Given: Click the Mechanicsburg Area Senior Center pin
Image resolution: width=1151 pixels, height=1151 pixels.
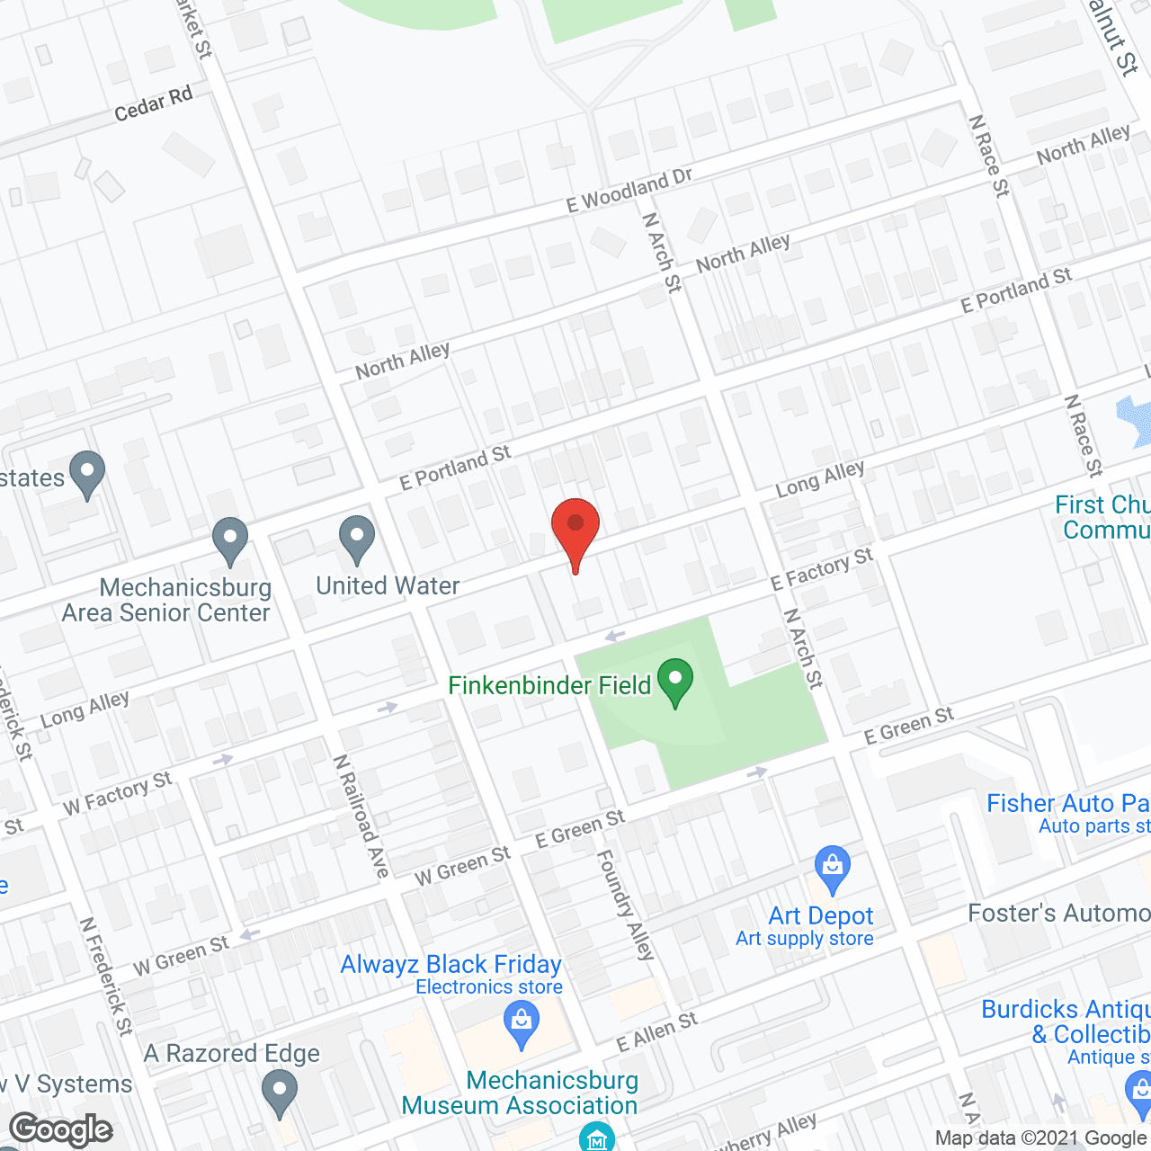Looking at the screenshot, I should coord(230,540).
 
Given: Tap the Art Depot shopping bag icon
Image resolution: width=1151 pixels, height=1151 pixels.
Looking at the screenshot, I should coord(833,868).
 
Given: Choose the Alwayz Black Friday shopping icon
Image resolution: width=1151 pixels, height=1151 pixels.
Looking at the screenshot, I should coord(522,1023).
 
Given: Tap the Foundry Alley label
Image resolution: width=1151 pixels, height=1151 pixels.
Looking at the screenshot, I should coord(626,905).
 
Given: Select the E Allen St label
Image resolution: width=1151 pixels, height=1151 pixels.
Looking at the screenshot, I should coord(657,1031).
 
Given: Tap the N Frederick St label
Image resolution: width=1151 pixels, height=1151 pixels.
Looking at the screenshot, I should coord(107,976).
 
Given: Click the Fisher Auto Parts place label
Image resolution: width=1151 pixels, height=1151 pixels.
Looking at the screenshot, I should coord(1068,804).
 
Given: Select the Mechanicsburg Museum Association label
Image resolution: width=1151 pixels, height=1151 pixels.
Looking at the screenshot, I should coord(520,1093).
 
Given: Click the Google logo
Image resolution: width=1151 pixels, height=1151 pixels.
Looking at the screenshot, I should coord(61,1129).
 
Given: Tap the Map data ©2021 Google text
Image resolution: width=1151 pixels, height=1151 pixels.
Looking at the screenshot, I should coord(1041,1138).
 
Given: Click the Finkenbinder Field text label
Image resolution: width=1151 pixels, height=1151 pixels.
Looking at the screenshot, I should coord(549,686).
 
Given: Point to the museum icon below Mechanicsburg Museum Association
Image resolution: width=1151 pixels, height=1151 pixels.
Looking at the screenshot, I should coord(596,1137).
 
